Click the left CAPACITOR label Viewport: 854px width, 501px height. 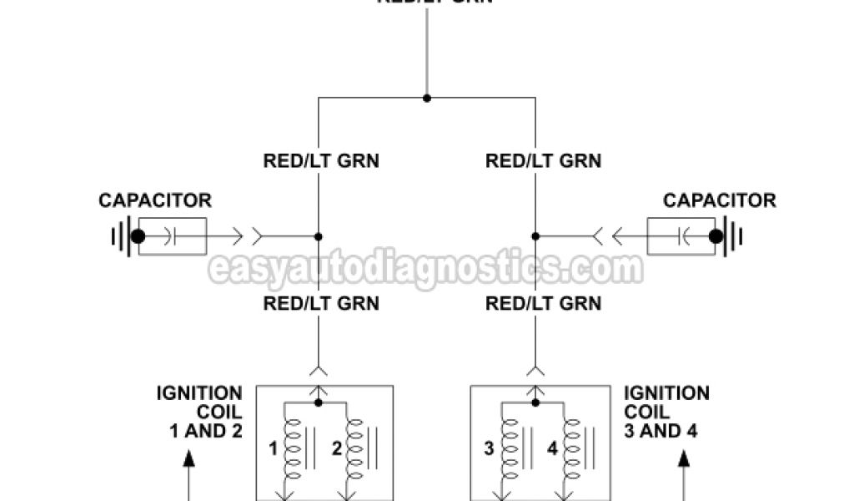[x=155, y=201]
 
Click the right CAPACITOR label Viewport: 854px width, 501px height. [x=720, y=201]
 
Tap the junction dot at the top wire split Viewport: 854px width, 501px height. [x=427, y=98]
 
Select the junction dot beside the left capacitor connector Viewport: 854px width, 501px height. [x=318, y=236]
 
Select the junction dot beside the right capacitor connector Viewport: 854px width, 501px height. [x=535, y=236]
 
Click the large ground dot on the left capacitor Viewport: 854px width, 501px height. [x=138, y=237]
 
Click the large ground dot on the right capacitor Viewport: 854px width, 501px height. [x=716, y=237]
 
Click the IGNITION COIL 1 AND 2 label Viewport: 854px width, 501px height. [x=199, y=412]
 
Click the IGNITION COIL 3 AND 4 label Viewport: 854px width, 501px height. [x=666, y=412]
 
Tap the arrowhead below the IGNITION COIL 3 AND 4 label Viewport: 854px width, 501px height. [x=686, y=458]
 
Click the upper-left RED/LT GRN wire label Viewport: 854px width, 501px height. [x=321, y=160]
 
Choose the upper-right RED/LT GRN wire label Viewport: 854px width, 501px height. [x=543, y=160]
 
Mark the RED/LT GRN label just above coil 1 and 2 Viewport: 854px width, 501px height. [x=321, y=303]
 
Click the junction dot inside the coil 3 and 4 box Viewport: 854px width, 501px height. [x=535, y=402]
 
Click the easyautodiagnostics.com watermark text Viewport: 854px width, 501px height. [x=425, y=270]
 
